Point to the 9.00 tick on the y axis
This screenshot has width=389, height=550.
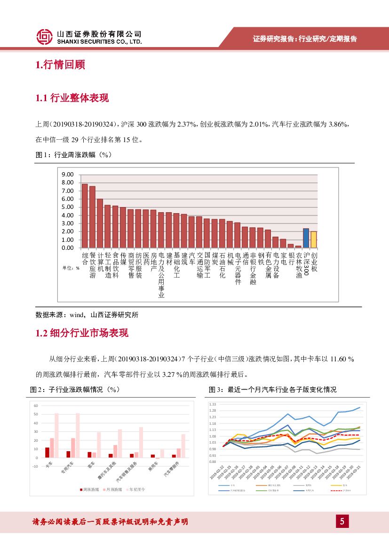tap(68, 174)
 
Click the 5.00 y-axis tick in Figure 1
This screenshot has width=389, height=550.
tap(68, 207)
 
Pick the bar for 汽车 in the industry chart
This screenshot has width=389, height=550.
tap(191, 232)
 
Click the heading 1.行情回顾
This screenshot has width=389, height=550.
tap(60, 65)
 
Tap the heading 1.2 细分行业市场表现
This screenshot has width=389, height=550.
tap(82, 334)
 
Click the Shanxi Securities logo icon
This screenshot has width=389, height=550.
tap(44, 36)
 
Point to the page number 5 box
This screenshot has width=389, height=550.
tap(342, 521)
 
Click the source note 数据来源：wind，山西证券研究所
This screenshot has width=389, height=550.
tap(87, 315)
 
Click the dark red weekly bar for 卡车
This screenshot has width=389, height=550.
tap(47, 452)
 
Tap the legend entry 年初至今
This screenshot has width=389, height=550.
tap(136, 489)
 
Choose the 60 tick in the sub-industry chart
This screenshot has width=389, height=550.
tap(35, 405)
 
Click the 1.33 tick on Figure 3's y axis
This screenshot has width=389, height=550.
tap(213, 404)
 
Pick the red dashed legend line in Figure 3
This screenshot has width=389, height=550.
tap(335, 491)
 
